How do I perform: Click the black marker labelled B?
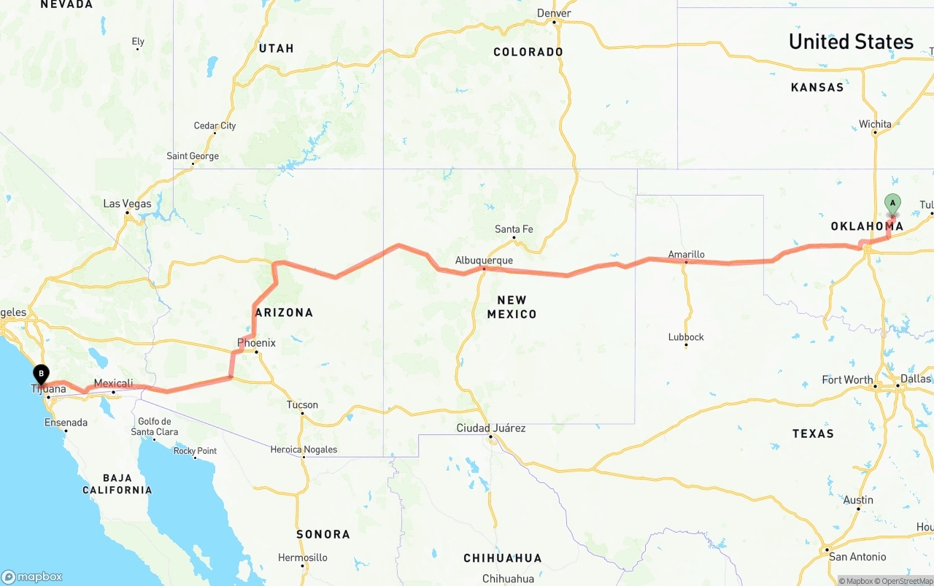click(x=42, y=374)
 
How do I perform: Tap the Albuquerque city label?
click(x=484, y=261)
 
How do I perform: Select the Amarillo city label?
click(x=686, y=255)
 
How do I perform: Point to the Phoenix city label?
click(x=256, y=343)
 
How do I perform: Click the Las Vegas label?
click(x=127, y=204)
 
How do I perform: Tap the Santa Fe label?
click(x=514, y=229)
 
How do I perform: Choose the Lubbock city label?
click(x=686, y=337)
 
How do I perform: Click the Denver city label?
click(x=554, y=13)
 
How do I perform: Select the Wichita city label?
click(x=875, y=124)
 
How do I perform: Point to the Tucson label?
click(x=302, y=405)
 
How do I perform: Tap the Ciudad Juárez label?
click(x=490, y=428)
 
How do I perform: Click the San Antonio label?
click(x=857, y=557)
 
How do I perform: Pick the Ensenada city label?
click(x=66, y=423)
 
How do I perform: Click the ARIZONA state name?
click(x=284, y=312)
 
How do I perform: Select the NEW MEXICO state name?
click(x=512, y=307)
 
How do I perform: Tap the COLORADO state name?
click(x=528, y=52)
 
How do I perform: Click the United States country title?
click(x=851, y=42)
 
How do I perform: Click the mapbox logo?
click(x=32, y=577)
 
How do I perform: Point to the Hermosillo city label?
click(x=303, y=558)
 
